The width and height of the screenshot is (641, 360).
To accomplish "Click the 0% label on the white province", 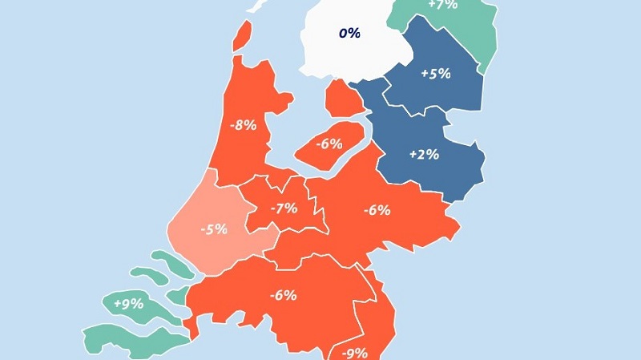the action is click(349, 33).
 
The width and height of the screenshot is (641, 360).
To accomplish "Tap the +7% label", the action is click(442, 5).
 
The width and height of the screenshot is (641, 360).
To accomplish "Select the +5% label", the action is click(435, 74).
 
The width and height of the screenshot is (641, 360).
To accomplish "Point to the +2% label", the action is click(424, 155).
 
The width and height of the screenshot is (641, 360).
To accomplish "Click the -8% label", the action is click(243, 125).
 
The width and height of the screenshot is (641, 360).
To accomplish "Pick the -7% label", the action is click(284, 208).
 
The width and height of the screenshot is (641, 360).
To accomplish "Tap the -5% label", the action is click(214, 229).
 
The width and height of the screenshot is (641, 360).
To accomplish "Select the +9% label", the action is click(128, 304).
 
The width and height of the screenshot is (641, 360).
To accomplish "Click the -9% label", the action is click(353, 353).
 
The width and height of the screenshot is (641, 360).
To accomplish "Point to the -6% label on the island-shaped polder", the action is click(329, 144).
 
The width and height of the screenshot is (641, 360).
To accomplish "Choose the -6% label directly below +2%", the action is click(377, 210).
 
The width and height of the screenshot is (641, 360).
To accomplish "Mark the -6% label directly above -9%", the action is click(283, 295).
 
